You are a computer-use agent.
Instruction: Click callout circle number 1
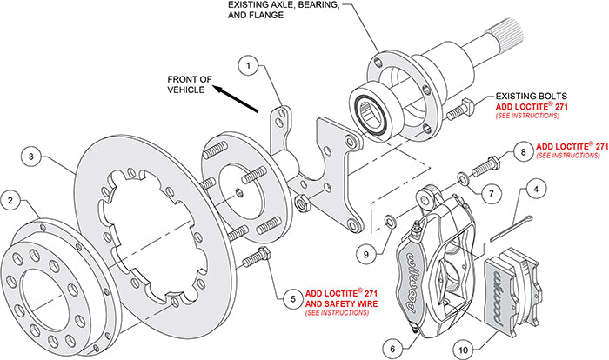click(x=249, y=65)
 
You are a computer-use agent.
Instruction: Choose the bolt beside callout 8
click(x=484, y=163)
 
